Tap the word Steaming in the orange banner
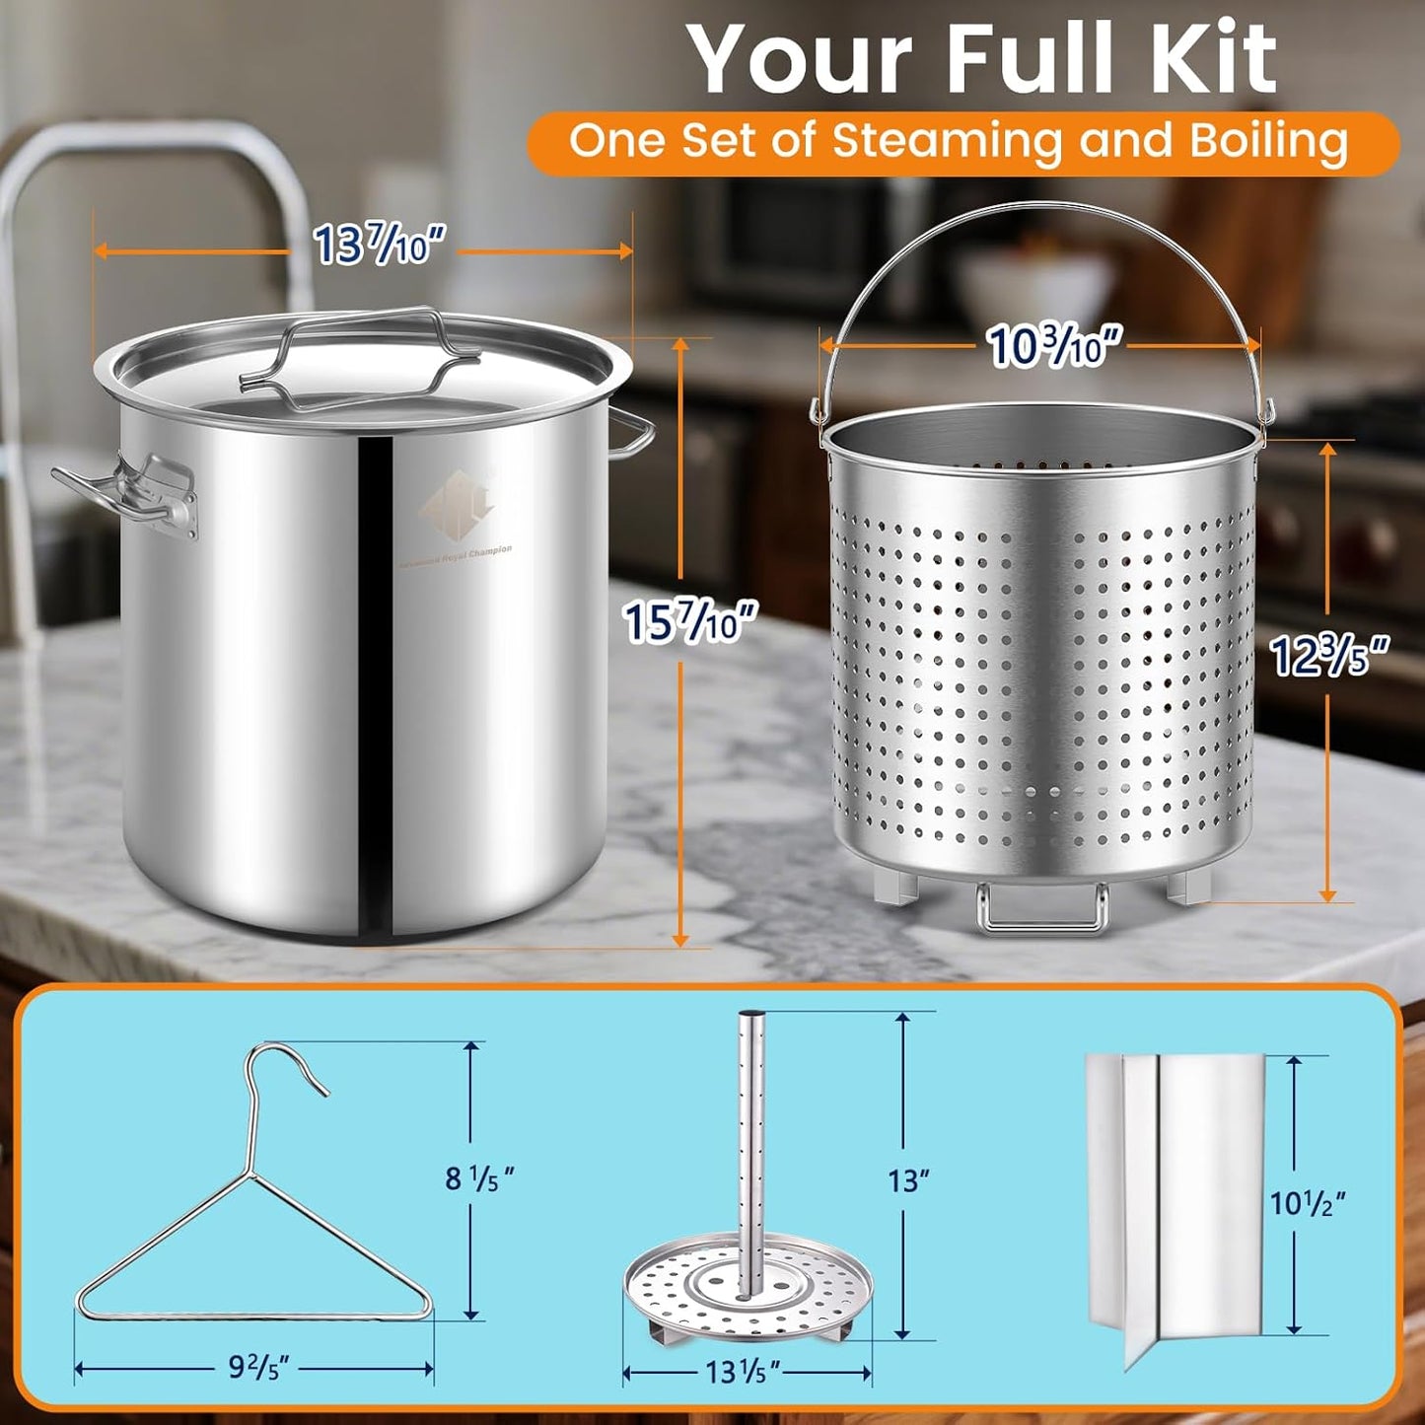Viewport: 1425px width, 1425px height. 946,141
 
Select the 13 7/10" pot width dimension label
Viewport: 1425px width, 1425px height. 379,245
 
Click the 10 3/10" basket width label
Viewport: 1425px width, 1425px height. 1054,346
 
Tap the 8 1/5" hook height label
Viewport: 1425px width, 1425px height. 480,1177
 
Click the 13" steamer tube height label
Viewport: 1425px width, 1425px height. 908,1179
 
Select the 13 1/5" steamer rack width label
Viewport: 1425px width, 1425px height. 743,1371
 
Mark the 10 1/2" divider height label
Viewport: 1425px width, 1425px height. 1307,1203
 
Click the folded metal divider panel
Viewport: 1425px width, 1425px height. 1174,1203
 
